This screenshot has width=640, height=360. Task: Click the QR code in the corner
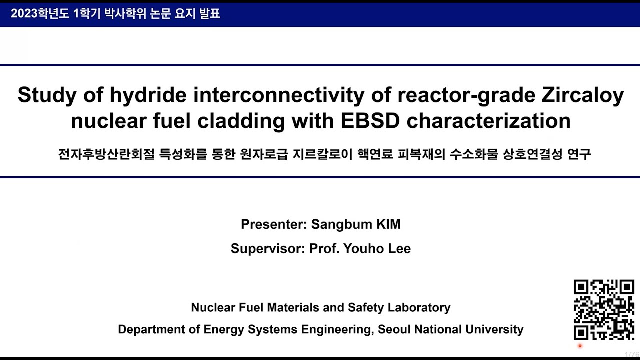coord(604,310)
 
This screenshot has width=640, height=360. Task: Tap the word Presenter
coord(273,224)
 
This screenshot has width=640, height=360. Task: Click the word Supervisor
coord(267,248)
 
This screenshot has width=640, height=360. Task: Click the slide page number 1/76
coord(632,354)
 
